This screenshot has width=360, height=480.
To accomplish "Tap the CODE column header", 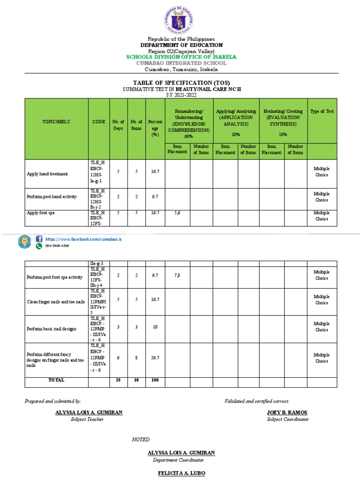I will (x=98, y=121).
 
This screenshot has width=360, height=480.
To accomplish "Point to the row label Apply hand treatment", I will (x=47, y=174).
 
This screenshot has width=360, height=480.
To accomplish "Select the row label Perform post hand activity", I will (x=52, y=197).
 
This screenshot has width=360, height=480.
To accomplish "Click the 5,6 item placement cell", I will (x=177, y=213).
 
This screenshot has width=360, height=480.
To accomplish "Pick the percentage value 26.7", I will (x=155, y=357).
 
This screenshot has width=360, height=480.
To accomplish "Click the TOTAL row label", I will (x=56, y=380).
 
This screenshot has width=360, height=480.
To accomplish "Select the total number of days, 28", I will (x=118, y=380).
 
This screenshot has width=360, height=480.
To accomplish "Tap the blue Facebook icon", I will (x=39, y=239).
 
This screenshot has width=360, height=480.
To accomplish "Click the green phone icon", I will (x=39, y=246).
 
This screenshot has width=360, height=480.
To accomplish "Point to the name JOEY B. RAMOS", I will (x=287, y=412).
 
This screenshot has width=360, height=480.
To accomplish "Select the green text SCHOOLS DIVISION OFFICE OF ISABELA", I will (x=181, y=57).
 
